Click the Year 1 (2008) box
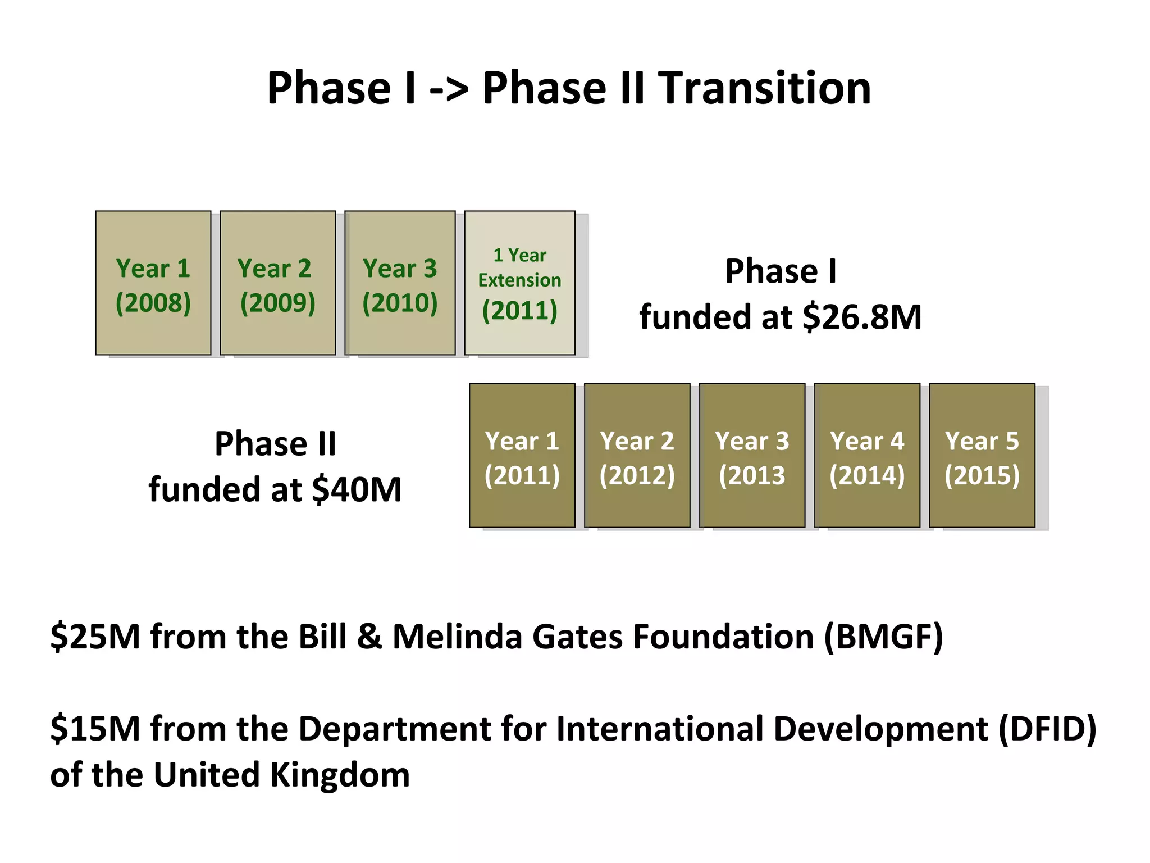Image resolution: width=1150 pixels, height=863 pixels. (153, 283)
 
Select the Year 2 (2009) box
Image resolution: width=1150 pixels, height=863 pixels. (277, 283)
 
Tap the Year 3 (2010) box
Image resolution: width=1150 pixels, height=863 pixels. (400, 283)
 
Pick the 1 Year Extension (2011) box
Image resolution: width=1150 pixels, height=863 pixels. (519, 283)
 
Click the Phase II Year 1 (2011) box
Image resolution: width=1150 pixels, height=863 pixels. (522, 456)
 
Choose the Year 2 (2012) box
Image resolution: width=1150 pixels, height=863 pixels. (637, 456)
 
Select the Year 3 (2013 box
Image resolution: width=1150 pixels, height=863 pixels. (752, 456)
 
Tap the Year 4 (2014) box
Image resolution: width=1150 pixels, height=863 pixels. (867, 456)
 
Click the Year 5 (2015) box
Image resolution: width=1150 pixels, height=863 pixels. (982, 456)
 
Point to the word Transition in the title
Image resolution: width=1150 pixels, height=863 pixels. (764, 88)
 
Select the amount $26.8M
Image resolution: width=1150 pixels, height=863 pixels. (862, 317)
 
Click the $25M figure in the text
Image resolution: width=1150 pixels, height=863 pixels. (95, 637)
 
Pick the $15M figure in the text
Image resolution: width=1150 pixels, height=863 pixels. (95, 729)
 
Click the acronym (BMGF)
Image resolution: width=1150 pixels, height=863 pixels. (883, 637)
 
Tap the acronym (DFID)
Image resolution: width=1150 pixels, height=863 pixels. (1047, 729)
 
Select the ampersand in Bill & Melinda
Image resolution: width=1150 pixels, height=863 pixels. (369, 637)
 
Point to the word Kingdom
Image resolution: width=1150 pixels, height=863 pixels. (340, 775)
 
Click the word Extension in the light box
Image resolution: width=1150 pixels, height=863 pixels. (519, 280)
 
